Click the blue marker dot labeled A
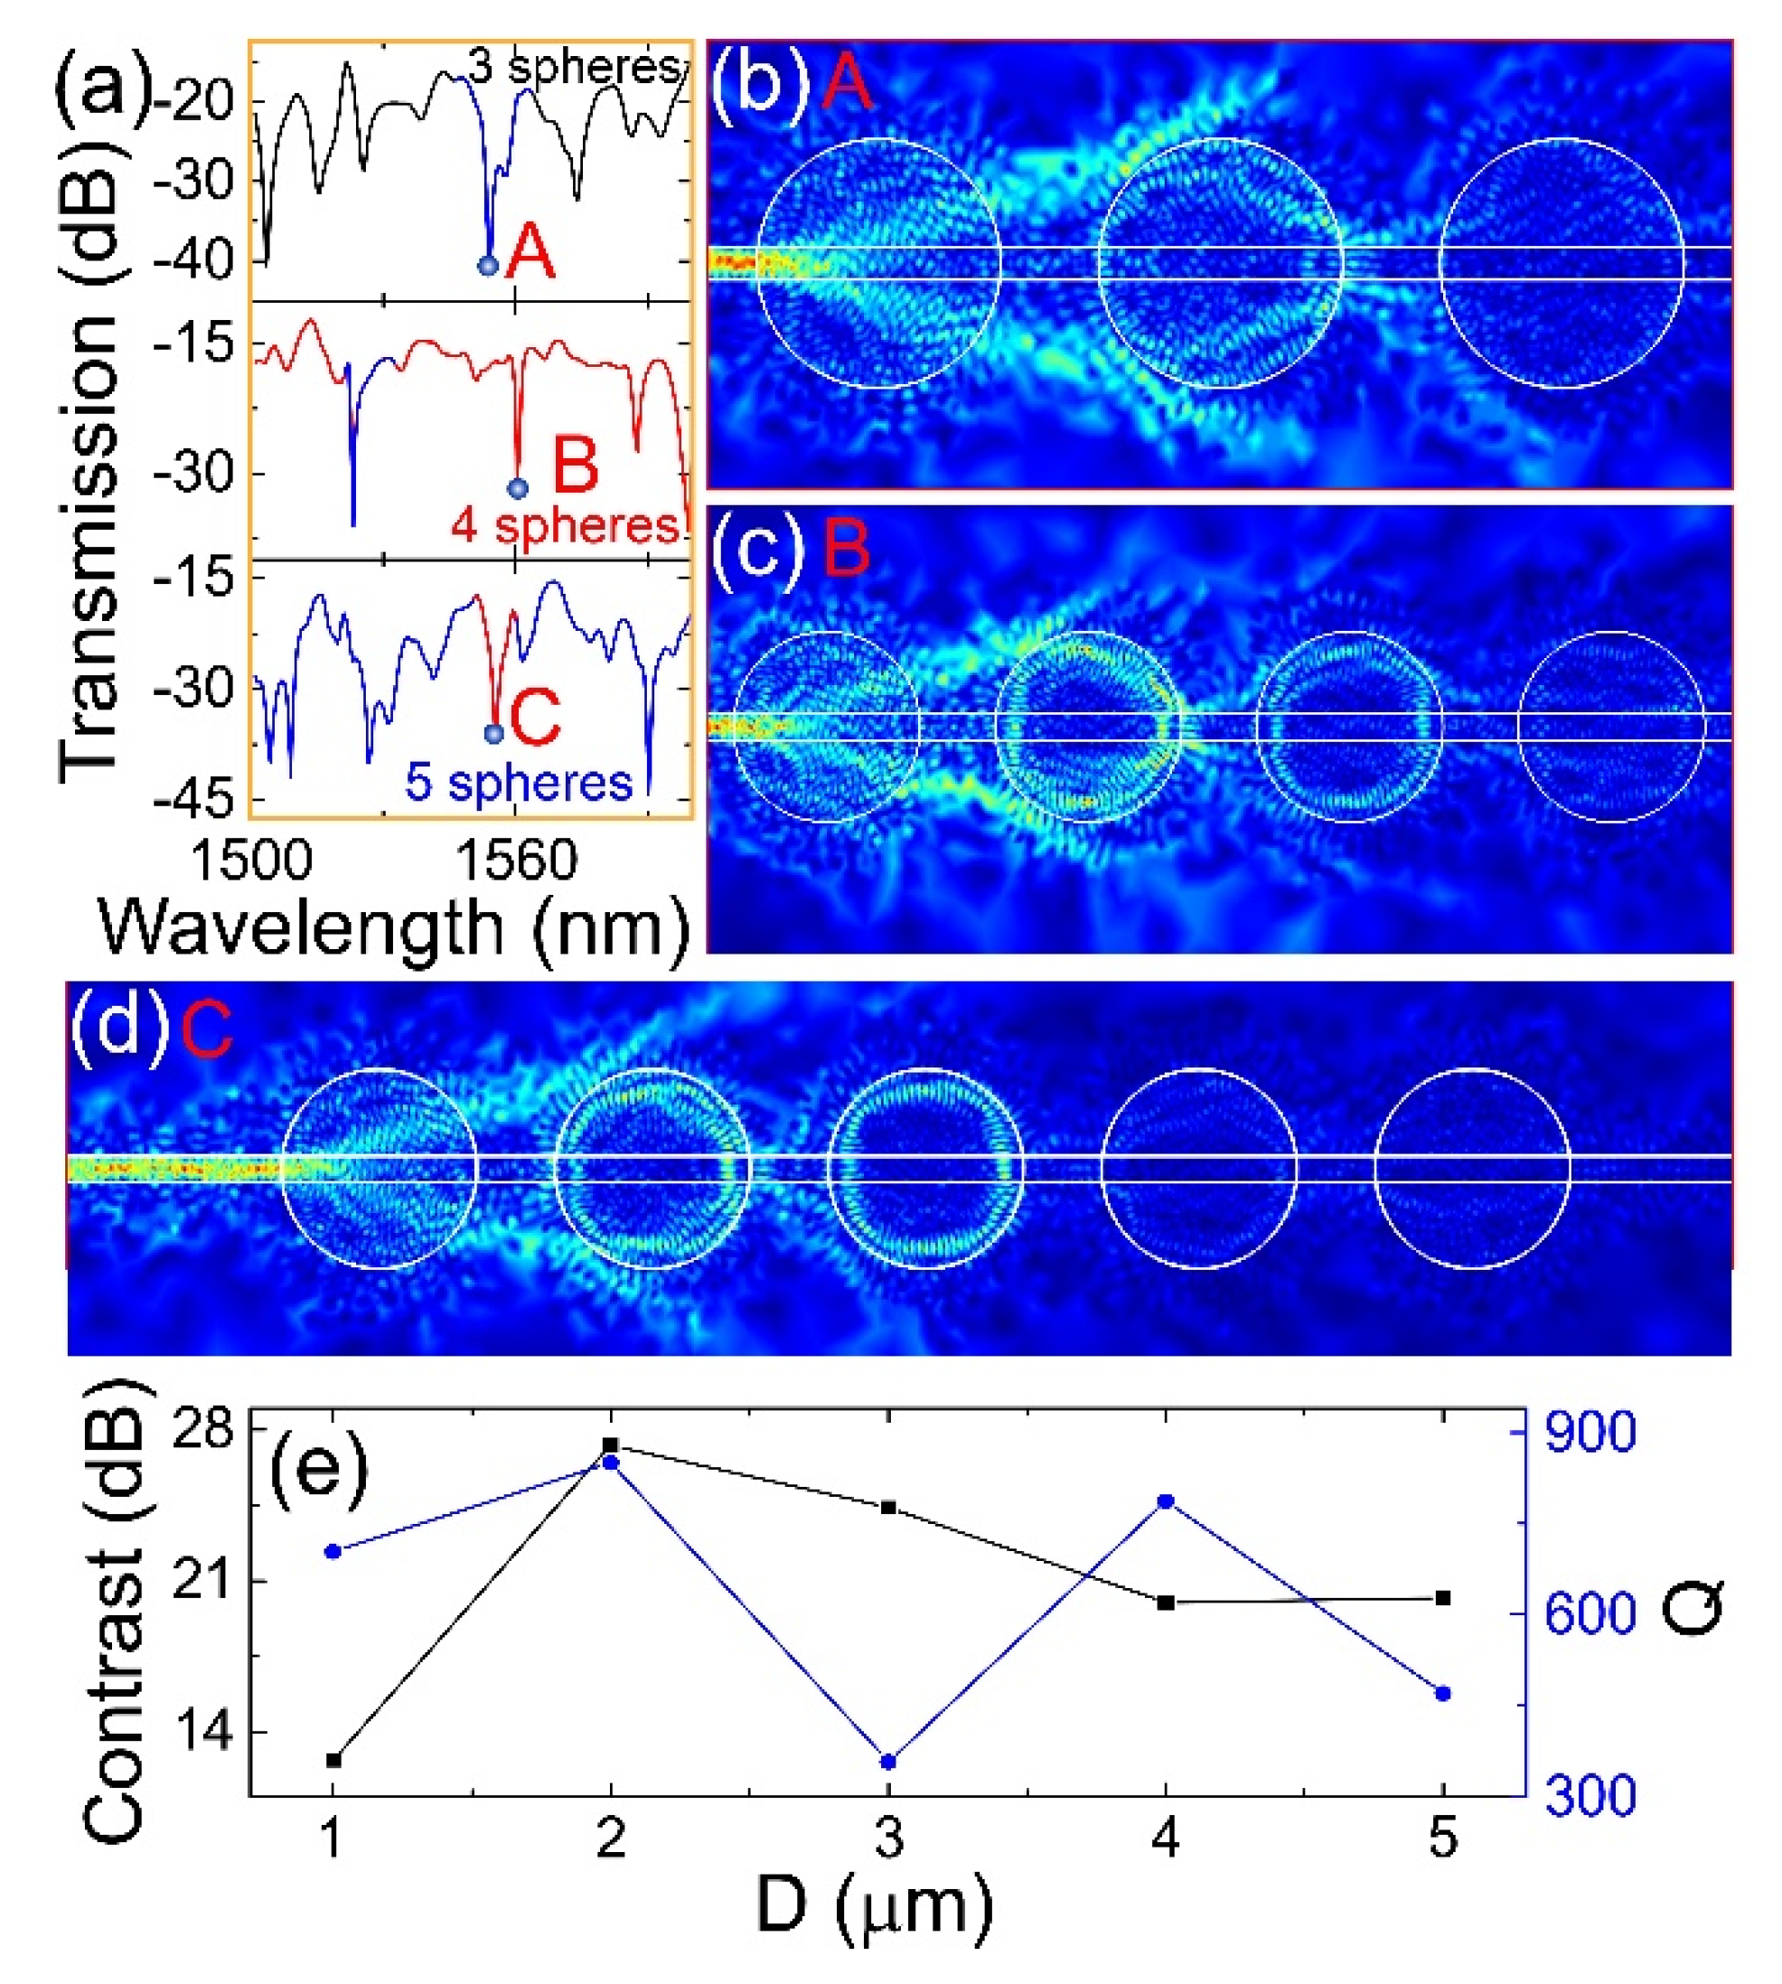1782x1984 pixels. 488,266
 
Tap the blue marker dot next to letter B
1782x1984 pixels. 518,488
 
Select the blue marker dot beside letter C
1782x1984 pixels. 494,733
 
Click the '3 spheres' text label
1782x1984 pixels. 574,67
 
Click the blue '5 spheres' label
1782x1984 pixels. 519,783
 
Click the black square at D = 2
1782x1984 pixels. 611,1444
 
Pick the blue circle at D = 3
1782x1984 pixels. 889,1762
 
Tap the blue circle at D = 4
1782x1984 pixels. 1166,1501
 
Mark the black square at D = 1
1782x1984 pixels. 333,1760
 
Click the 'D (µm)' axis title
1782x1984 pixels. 875,1905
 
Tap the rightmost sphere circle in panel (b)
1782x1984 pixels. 1561,263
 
